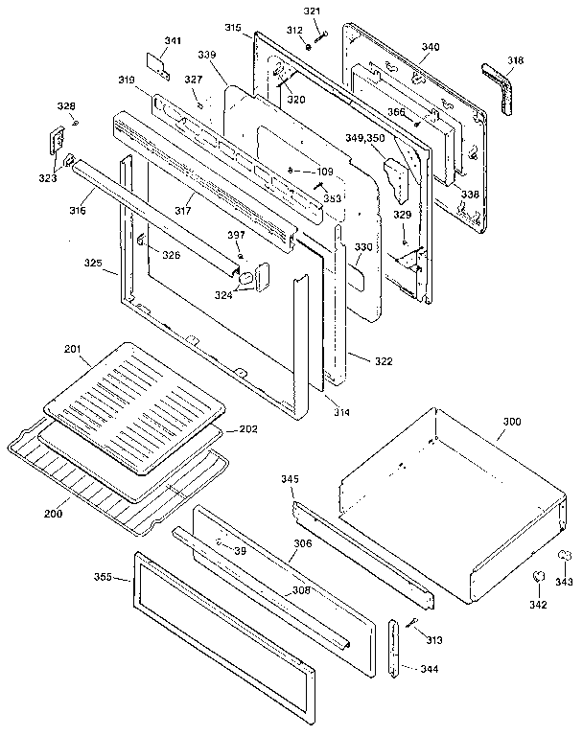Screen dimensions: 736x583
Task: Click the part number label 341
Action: [x=173, y=40]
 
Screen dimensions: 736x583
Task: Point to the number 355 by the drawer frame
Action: [x=105, y=577]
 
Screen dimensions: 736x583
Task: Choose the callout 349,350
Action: [x=367, y=140]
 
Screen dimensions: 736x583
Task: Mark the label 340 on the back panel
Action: [x=431, y=46]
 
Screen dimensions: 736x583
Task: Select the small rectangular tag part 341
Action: [x=158, y=64]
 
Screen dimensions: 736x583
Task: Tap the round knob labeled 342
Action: [x=539, y=577]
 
